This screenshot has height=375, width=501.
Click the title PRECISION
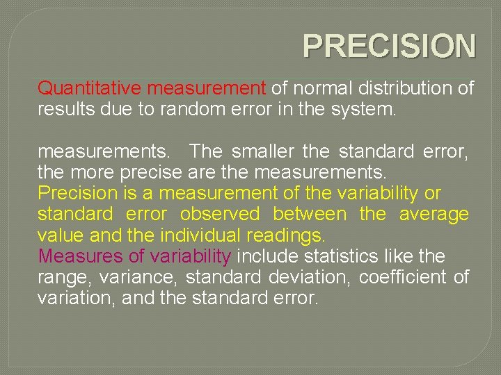point(390,47)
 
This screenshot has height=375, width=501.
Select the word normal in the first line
point(317,88)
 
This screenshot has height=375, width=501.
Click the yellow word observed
point(220,214)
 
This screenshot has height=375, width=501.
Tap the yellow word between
point(309,214)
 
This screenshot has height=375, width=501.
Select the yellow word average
point(434,214)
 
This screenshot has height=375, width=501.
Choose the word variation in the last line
point(69,299)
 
